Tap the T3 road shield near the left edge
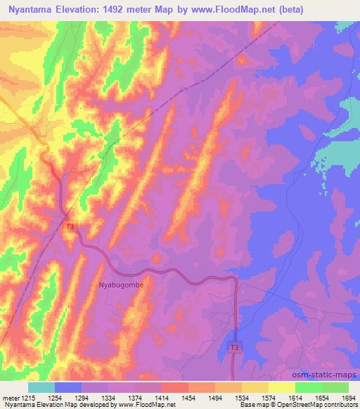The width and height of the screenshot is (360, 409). tap(70, 227)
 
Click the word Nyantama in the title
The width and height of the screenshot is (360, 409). tap(32, 10)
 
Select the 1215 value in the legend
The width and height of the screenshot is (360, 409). tap(20, 397)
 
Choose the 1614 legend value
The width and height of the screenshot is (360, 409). tap(294, 397)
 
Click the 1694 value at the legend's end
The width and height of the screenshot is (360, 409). tap(347, 397)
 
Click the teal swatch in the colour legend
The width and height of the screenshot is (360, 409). tap(41, 387)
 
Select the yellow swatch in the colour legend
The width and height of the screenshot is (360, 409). tap(282, 387)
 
